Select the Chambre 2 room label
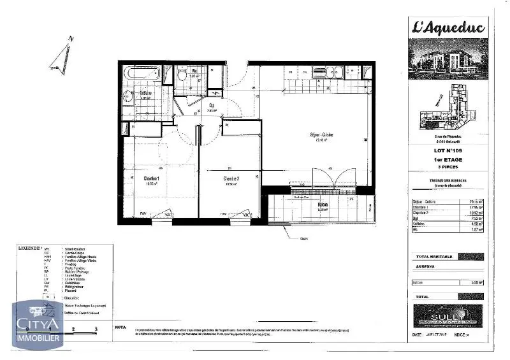230,179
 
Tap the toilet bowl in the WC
182,76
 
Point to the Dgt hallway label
211,106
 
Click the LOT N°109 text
448,150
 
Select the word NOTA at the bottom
119,326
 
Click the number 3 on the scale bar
96,329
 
